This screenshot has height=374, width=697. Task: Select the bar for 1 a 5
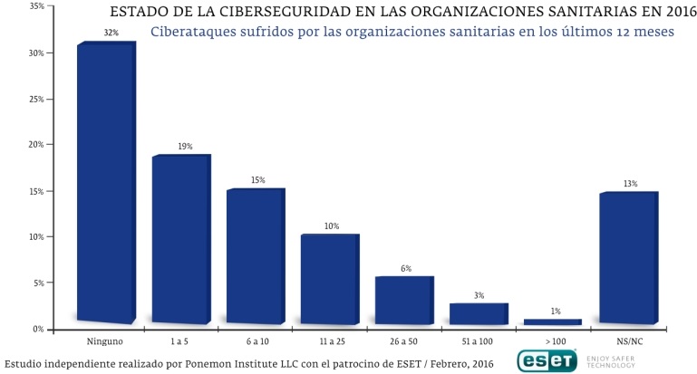[x=180, y=240]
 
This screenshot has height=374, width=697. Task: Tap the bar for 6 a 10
[x=255, y=256]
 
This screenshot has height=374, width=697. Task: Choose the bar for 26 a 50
[x=403, y=300]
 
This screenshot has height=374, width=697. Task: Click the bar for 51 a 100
[x=479, y=313]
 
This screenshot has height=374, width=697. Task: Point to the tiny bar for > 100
[x=553, y=321]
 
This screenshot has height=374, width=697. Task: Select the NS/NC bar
[x=628, y=257]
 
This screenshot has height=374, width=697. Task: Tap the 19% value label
[x=184, y=145]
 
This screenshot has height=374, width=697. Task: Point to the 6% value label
[x=406, y=268]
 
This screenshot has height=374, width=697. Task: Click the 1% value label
[x=555, y=311]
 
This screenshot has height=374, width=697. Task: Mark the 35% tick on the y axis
[x=36, y=5]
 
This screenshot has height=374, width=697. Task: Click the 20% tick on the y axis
[x=36, y=145]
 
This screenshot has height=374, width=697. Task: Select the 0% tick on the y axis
[x=39, y=330]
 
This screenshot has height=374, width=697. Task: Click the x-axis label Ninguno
[x=105, y=340]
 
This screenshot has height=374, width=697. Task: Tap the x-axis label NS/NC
[x=628, y=340]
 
